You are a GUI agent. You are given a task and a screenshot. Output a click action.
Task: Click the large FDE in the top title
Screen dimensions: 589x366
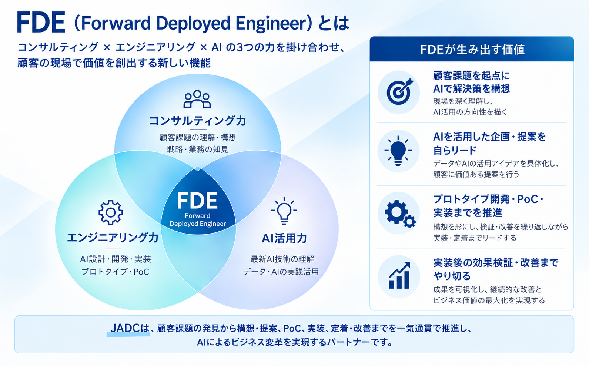click(41, 22)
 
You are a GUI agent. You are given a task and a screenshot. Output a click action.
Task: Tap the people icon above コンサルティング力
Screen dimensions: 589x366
click(197, 99)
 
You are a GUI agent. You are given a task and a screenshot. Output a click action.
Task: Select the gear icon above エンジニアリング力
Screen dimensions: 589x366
click(111, 212)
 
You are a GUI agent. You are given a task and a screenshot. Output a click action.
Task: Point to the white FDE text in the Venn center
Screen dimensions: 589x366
click(197, 201)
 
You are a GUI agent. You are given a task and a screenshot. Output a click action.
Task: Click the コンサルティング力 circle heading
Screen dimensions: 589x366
click(197, 121)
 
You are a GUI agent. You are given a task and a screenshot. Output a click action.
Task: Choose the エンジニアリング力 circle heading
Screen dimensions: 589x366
click(113, 238)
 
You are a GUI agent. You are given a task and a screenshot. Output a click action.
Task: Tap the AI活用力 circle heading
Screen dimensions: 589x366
click(284, 238)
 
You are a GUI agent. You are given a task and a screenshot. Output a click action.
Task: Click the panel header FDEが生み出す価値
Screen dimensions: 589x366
click(472, 50)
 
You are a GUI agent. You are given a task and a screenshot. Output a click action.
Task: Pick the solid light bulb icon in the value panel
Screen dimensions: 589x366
click(398, 151)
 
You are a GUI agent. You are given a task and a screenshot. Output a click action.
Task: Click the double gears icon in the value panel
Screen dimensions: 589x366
click(400, 214)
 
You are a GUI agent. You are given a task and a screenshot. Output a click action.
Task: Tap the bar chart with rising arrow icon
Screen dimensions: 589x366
click(399, 275)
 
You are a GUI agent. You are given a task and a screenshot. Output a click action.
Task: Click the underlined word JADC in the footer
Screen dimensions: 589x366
click(125, 328)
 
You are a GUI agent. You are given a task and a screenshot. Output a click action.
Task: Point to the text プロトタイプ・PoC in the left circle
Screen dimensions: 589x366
click(115, 272)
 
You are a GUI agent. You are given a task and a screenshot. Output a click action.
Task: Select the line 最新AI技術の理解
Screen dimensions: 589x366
click(282, 259)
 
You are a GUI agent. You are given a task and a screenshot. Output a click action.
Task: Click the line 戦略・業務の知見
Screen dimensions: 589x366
click(198, 150)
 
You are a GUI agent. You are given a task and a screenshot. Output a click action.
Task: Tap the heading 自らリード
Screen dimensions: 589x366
click(455, 150)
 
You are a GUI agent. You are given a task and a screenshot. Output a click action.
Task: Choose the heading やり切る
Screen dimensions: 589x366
click(452, 276)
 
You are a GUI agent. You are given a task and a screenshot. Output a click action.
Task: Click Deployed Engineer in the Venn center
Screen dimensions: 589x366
click(198, 224)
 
